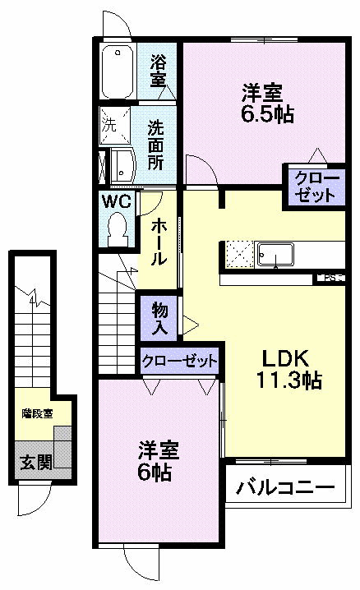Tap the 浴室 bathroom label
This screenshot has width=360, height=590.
[x=159, y=71]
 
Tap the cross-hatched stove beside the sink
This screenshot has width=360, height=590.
[x=239, y=253]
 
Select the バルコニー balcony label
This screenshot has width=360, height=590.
[x=286, y=486]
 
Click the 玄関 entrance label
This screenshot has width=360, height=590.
[x=34, y=463]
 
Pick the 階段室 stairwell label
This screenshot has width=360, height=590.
[x=37, y=413]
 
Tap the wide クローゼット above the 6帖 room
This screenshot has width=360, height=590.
[x=180, y=362]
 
